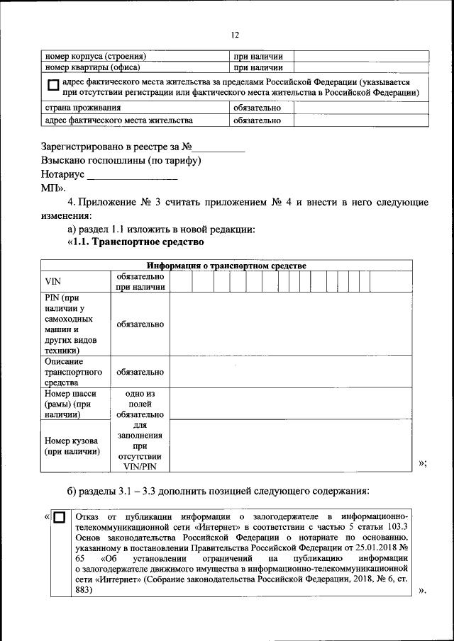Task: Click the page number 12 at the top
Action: tap(235, 35)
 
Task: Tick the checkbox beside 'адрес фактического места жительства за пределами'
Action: tap(53, 87)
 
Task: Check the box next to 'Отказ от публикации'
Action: tap(60, 518)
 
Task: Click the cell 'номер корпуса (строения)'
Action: tap(96, 56)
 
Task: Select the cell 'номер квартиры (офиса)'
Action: tap(92, 68)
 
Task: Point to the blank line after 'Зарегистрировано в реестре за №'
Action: tap(219, 149)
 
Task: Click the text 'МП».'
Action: tap(53, 188)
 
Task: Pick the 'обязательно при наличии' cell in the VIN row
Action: tap(140, 281)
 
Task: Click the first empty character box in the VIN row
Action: tap(180, 281)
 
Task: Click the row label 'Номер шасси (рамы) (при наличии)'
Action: tap(72, 404)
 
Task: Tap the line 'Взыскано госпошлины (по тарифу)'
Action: tap(121, 161)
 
